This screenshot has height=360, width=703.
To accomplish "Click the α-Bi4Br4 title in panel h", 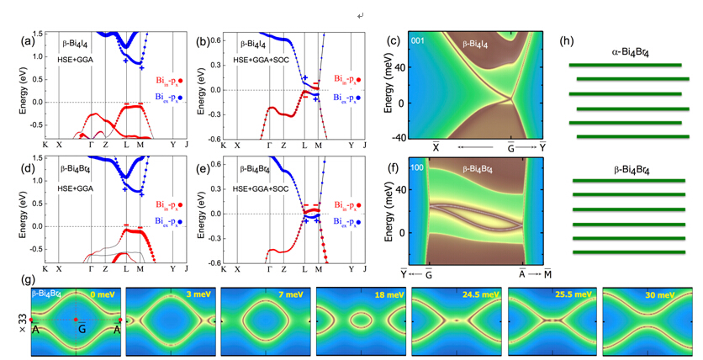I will [x=626, y=51].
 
